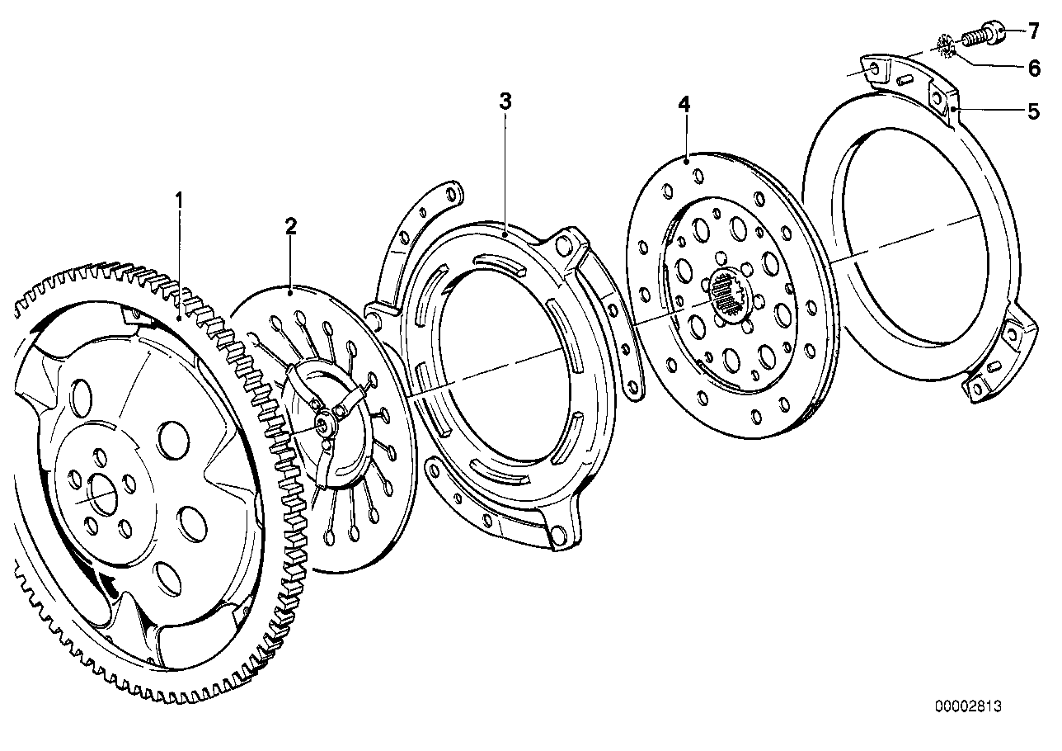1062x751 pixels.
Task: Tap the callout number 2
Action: pyautogui.click(x=290, y=226)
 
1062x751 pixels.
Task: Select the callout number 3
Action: pyautogui.click(x=505, y=102)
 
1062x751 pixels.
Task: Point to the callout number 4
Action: pyautogui.click(x=684, y=104)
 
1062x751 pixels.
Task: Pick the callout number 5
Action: pyautogui.click(x=1033, y=111)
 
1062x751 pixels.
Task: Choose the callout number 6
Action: pyautogui.click(x=1033, y=68)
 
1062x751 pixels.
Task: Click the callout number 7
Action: pyautogui.click(x=1033, y=32)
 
